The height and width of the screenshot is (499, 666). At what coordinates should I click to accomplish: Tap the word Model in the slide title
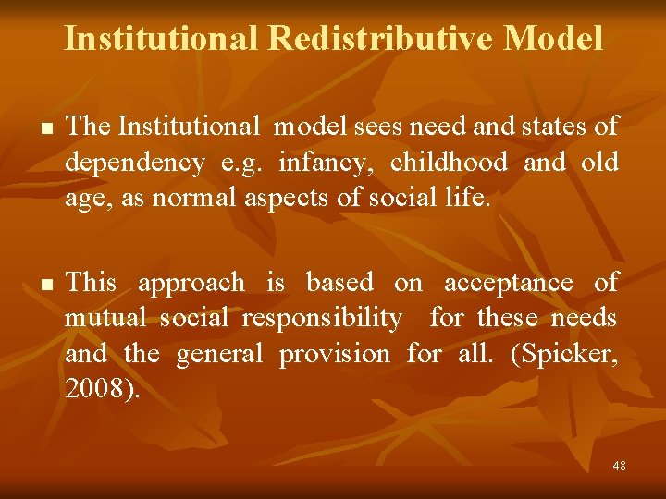point(554,38)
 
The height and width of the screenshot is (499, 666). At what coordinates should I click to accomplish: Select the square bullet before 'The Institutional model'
point(37,128)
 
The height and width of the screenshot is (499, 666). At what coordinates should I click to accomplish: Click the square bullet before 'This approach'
point(37,284)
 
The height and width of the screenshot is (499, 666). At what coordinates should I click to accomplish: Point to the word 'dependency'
point(135,164)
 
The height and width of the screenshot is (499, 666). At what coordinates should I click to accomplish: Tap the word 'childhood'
point(449,163)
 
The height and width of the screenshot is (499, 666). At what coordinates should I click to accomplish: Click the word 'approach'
point(192,284)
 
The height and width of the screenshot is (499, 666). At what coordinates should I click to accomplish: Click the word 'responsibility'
point(322,319)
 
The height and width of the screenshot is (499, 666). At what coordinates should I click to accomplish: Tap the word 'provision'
point(334,354)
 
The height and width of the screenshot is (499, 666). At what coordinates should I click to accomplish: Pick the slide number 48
point(619,466)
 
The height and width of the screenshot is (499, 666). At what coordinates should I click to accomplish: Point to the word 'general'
point(219,354)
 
